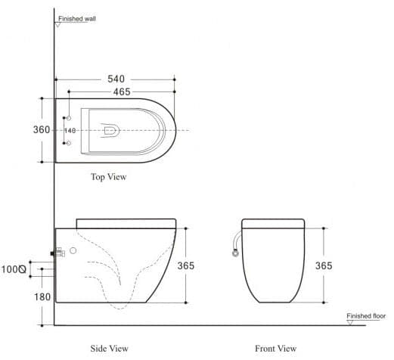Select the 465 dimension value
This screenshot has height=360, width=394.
click(116, 92)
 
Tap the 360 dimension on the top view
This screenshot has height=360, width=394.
click(42, 130)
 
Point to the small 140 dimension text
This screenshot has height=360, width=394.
click(70, 131)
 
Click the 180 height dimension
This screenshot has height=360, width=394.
click(42, 297)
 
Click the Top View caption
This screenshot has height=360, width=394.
click(108, 177)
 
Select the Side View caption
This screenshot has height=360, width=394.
click(108, 348)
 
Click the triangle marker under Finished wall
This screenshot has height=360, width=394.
click(57, 24)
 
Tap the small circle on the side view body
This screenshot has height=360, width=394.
click(73, 250)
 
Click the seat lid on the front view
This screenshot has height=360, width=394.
click(273, 223)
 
